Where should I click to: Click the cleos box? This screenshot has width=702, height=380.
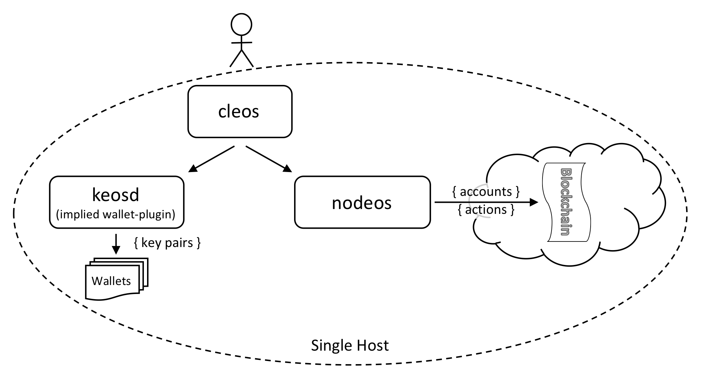[239, 112]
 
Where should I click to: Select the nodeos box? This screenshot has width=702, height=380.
[362, 202]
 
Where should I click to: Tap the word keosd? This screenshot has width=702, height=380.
[116, 195]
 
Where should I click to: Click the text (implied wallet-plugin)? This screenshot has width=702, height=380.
[116, 215]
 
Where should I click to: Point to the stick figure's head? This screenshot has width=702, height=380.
[241, 25]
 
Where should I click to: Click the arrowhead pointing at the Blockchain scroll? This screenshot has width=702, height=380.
[534, 202]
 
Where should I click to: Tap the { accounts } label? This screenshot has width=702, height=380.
[486, 191]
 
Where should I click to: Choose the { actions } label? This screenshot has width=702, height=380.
[486, 210]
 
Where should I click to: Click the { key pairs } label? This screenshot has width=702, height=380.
[167, 243]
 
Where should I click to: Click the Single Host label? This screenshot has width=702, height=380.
[349, 345]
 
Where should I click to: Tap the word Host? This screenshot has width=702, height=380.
[374, 345]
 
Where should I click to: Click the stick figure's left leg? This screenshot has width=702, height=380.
[235, 59]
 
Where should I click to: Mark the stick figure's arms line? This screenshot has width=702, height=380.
[241, 42]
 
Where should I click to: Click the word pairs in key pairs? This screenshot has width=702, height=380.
[179, 243]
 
